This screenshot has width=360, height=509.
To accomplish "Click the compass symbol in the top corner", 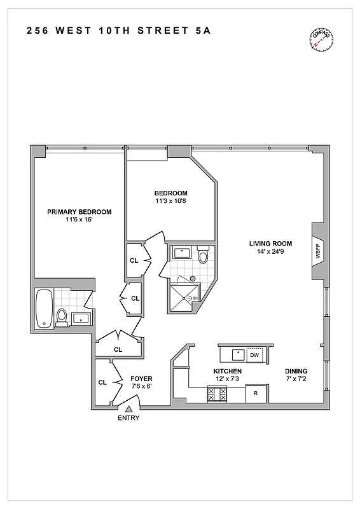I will tap(321, 40).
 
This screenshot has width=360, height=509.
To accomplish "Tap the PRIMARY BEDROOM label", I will tap(80, 212).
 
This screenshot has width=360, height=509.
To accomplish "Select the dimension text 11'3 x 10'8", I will tap(170, 202).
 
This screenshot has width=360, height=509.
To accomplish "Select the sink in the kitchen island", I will tap(236, 353).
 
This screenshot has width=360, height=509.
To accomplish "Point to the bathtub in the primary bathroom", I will tap(44, 309).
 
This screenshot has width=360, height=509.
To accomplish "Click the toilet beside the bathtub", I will tap(62, 316).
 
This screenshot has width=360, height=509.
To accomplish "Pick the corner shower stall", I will tap(184, 296).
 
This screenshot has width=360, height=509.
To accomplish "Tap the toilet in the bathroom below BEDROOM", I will tap(203, 256).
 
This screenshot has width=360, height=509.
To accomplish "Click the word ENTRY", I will tap(128, 418).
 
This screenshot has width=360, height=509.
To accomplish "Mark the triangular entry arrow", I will tap(128, 409).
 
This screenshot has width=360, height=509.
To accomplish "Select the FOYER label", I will tap(141, 378).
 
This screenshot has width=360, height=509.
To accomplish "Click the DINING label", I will tap(296, 371).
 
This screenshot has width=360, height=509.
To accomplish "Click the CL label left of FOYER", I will tap(102, 382).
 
